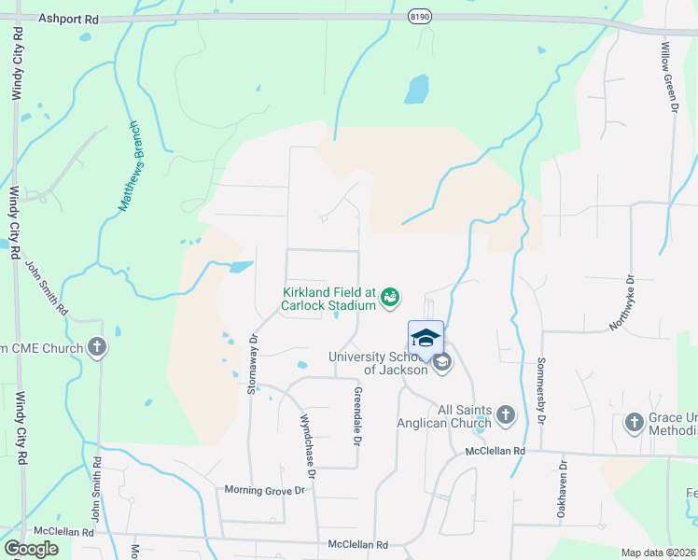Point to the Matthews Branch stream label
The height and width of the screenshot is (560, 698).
(x=129, y=165)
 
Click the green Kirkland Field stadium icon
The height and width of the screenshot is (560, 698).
(x=390, y=298)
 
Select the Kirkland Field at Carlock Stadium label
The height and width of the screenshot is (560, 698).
(x=329, y=298)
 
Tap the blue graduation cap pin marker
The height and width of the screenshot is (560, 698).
(x=426, y=337)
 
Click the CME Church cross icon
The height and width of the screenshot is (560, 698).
(x=96, y=348)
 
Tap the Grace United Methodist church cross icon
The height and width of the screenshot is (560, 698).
(x=634, y=423)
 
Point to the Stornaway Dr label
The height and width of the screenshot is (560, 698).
(x=252, y=364)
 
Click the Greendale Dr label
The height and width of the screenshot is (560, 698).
(x=356, y=416)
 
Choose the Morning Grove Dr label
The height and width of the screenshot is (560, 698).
(x=264, y=490)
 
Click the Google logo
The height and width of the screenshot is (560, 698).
(x=31, y=549)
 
